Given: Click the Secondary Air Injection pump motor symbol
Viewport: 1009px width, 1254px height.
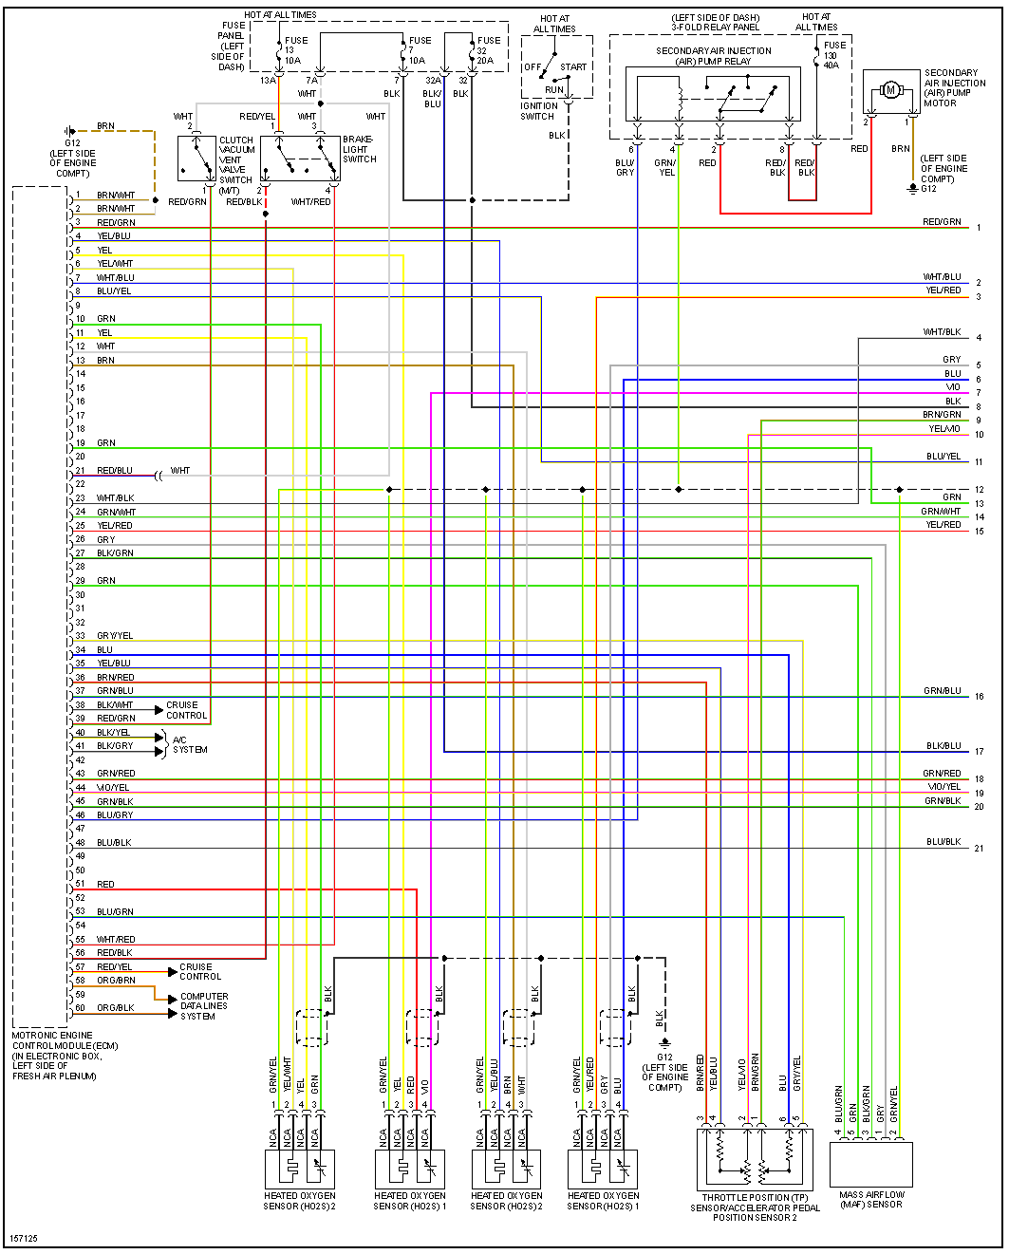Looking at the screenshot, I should tap(889, 90).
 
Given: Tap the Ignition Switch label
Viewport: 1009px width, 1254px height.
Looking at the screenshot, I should tap(538, 111).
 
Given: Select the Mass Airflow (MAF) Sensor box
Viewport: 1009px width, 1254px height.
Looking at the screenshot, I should tap(870, 1164).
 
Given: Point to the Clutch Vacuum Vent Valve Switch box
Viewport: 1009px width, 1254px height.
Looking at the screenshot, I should tap(196, 159).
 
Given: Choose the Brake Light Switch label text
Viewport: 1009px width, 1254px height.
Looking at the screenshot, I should tap(360, 149).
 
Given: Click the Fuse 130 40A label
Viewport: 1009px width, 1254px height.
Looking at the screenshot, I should tap(832, 55).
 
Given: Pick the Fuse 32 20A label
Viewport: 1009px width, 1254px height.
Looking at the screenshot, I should tap(487, 50).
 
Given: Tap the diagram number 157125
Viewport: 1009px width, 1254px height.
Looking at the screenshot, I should tap(24, 1239).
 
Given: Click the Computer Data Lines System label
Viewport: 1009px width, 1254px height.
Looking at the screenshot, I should tap(203, 1006).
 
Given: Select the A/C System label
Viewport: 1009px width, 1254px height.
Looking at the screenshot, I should tap(189, 745).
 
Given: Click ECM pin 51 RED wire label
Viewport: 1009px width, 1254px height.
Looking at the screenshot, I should tap(105, 884).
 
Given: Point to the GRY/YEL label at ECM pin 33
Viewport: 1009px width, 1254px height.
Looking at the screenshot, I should tap(115, 636).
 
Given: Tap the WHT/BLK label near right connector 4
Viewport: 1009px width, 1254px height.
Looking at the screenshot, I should tap(942, 332).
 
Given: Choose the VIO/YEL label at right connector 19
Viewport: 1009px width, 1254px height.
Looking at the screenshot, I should tap(944, 787).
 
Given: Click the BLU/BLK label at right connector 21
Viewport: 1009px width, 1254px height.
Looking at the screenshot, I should tap(944, 842).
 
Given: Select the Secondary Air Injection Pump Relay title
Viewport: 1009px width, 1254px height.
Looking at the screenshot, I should tap(713, 56).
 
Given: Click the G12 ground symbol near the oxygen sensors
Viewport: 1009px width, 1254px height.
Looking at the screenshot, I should tap(664, 1043).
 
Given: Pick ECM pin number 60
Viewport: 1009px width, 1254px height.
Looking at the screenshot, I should tap(81, 1008).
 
